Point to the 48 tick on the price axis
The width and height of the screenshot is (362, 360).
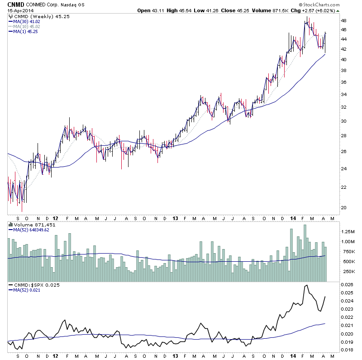(x=344, y=21)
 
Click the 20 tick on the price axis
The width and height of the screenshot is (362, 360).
(x=344, y=208)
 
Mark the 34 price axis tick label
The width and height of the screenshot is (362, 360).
(x=344, y=94)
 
